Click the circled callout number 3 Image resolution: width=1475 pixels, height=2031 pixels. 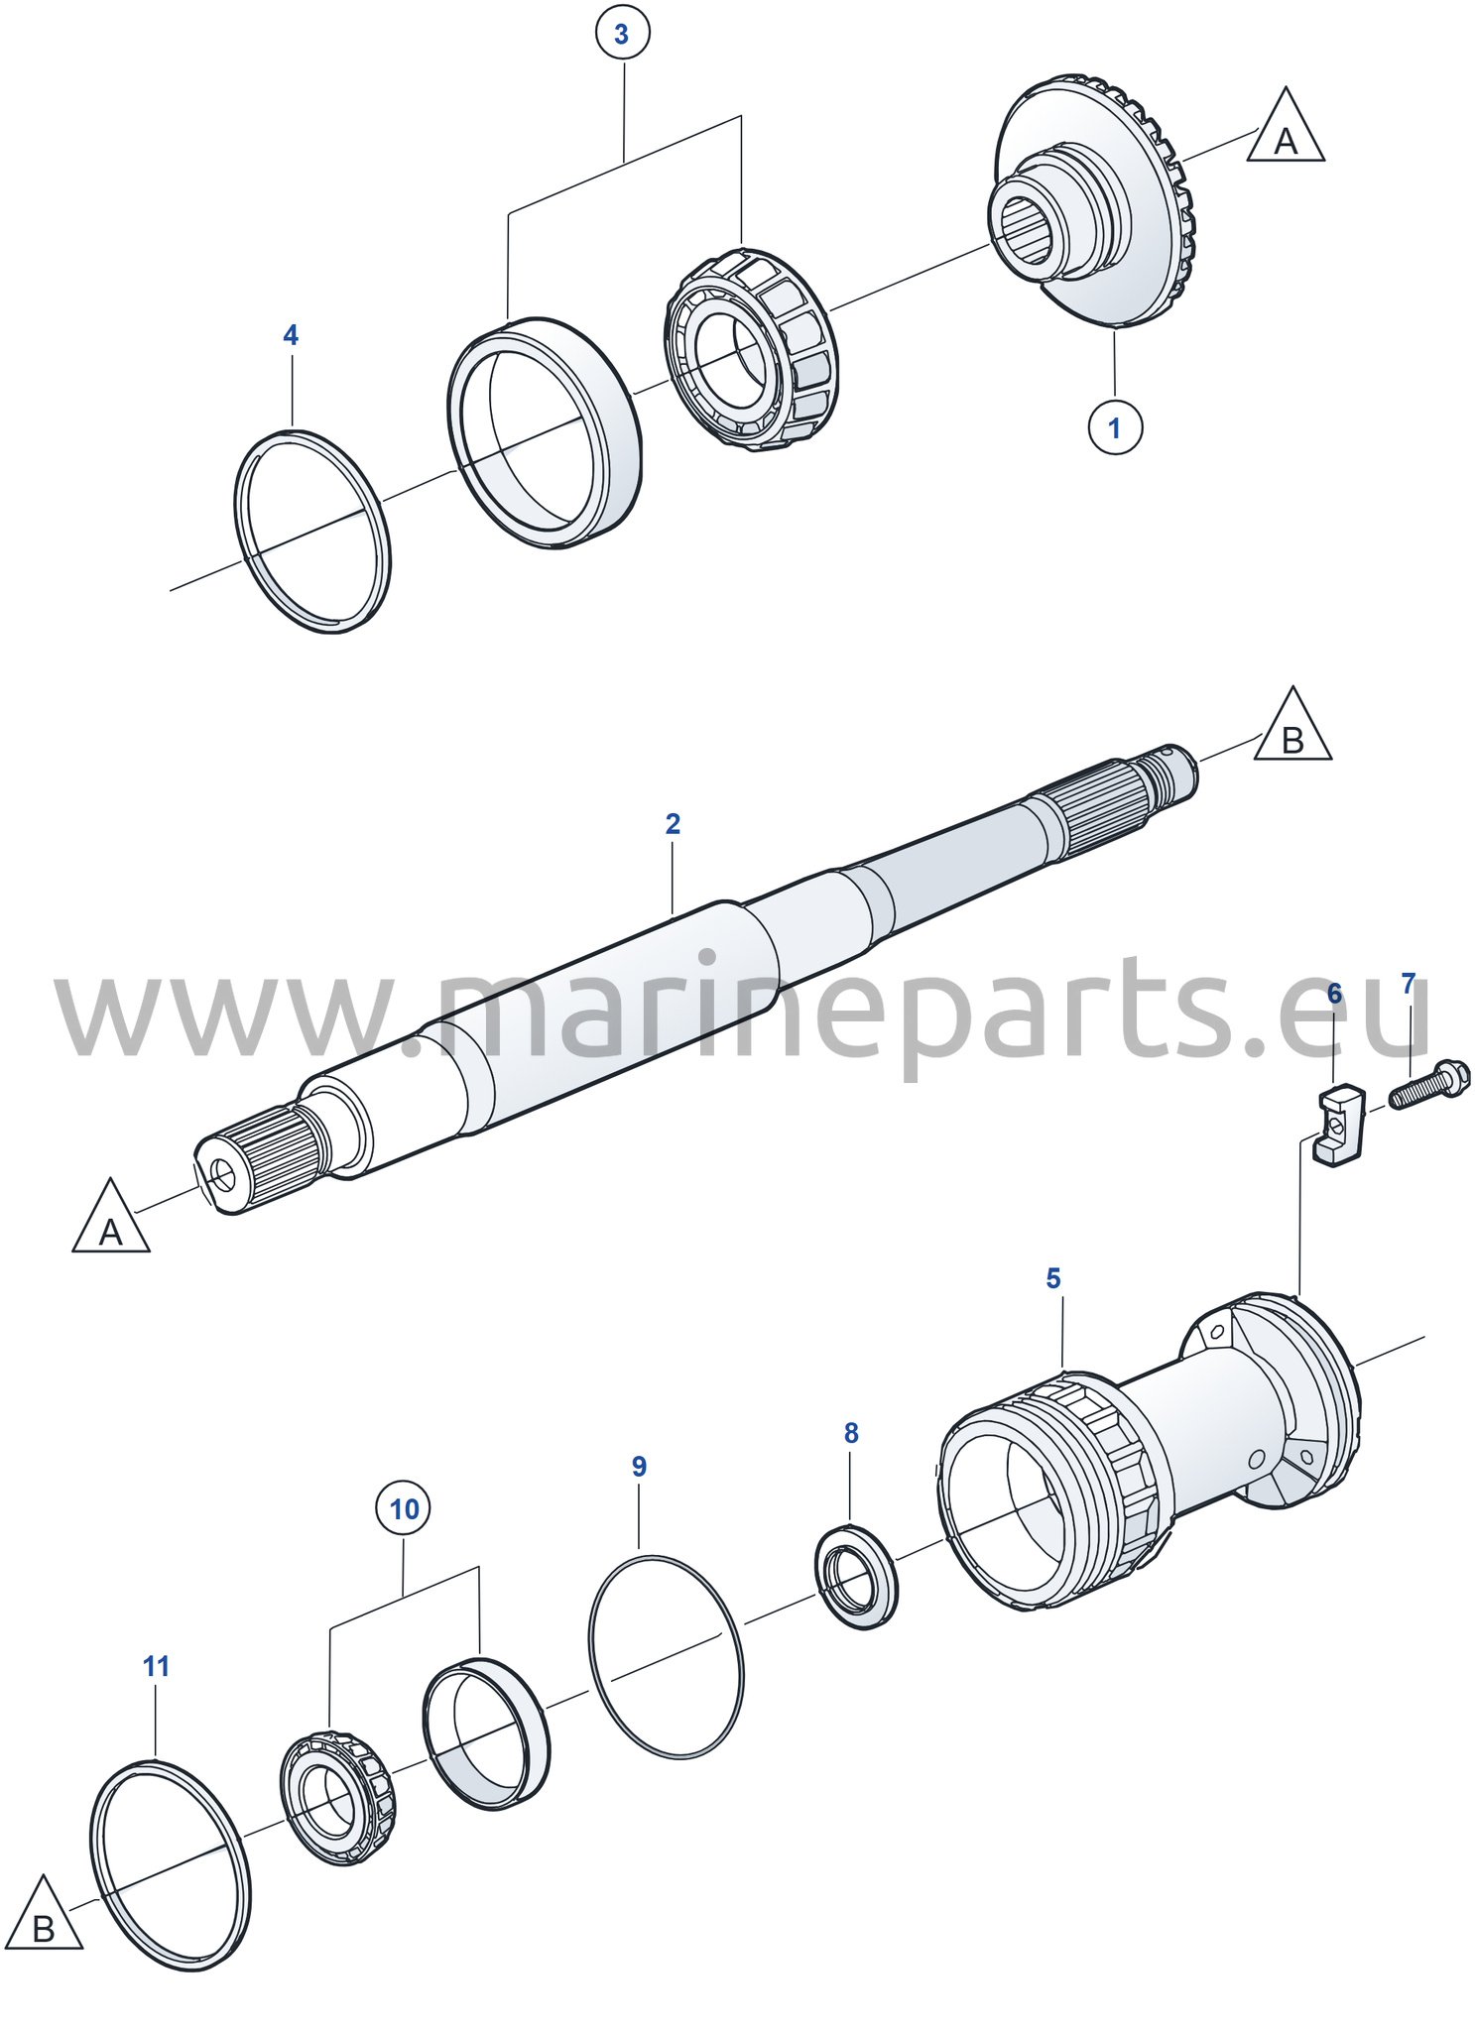tap(622, 34)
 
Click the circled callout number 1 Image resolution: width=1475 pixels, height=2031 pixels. tap(1115, 427)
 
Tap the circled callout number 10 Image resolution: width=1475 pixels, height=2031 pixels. tap(404, 1508)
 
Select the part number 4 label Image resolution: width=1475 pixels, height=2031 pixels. tap(291, 335)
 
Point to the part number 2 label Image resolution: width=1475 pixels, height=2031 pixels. tap(673, 823)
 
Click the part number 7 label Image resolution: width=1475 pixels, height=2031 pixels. tap(1409, 984)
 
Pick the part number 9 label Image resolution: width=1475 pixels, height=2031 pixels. tap(639, 1466)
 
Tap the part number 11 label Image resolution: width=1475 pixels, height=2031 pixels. tap(156, 1665)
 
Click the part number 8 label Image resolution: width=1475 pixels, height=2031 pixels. tap(851, 1432)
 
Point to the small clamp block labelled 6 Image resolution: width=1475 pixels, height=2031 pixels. tap(1340, 1125)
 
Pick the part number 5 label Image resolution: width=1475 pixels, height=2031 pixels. tap(1053, 1278)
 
